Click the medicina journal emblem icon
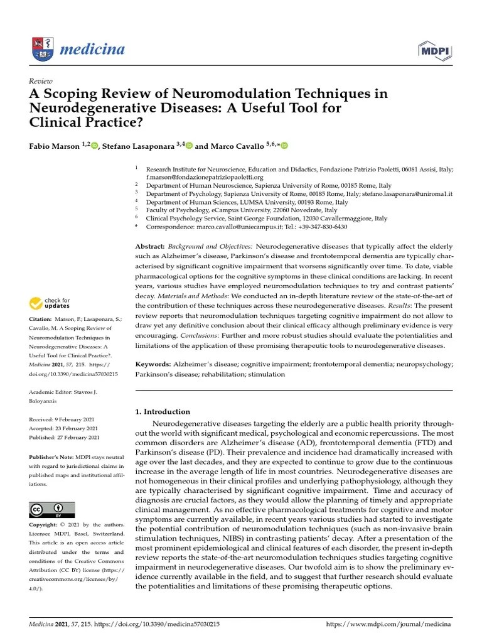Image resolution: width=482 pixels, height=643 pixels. tap(41, 48)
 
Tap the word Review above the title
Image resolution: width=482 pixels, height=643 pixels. tap(41, 82)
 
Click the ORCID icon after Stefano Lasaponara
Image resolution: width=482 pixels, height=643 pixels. tap(188, 146)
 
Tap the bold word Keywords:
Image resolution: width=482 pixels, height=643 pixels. tap(153, 364)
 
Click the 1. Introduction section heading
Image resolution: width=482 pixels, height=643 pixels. tap(163, 412)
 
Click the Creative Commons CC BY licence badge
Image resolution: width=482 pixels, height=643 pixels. tap(51, 509)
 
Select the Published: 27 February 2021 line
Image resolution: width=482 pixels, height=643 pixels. tap(64, 437)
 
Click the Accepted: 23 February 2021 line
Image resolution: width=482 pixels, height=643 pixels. tap(64, 428)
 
